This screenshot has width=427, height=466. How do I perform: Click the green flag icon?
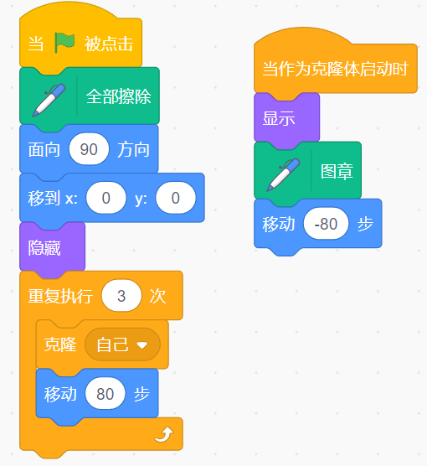(64, 43)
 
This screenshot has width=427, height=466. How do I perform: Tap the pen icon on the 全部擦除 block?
(49, 100)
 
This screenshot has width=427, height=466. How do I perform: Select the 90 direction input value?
(89, 149)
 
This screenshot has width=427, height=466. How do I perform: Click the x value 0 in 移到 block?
(106, 198)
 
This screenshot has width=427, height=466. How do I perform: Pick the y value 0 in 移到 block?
(176, 198)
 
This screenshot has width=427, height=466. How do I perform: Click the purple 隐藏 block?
(52, 247)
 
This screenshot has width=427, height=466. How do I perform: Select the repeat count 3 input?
(121, 295)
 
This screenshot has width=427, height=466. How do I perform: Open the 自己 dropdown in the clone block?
(122, 344)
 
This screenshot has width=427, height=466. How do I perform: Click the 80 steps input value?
(105, 393)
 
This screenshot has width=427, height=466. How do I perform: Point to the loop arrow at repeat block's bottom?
(164, 435)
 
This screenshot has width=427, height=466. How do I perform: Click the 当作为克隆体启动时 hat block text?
(335, 69)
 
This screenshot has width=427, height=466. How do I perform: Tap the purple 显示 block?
(286, 118)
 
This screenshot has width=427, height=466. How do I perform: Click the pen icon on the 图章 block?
(283, 174)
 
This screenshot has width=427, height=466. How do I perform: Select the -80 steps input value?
(326, 224)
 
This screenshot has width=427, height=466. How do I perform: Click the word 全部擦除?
(119, 96)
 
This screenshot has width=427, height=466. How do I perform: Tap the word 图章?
(337, 171)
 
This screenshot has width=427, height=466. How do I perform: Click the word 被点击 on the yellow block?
(109, 44)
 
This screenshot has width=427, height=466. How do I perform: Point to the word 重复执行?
(60, 296)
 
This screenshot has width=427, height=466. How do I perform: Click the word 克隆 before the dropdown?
(60, 344)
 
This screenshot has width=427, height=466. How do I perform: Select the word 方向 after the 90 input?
(133, 149)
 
